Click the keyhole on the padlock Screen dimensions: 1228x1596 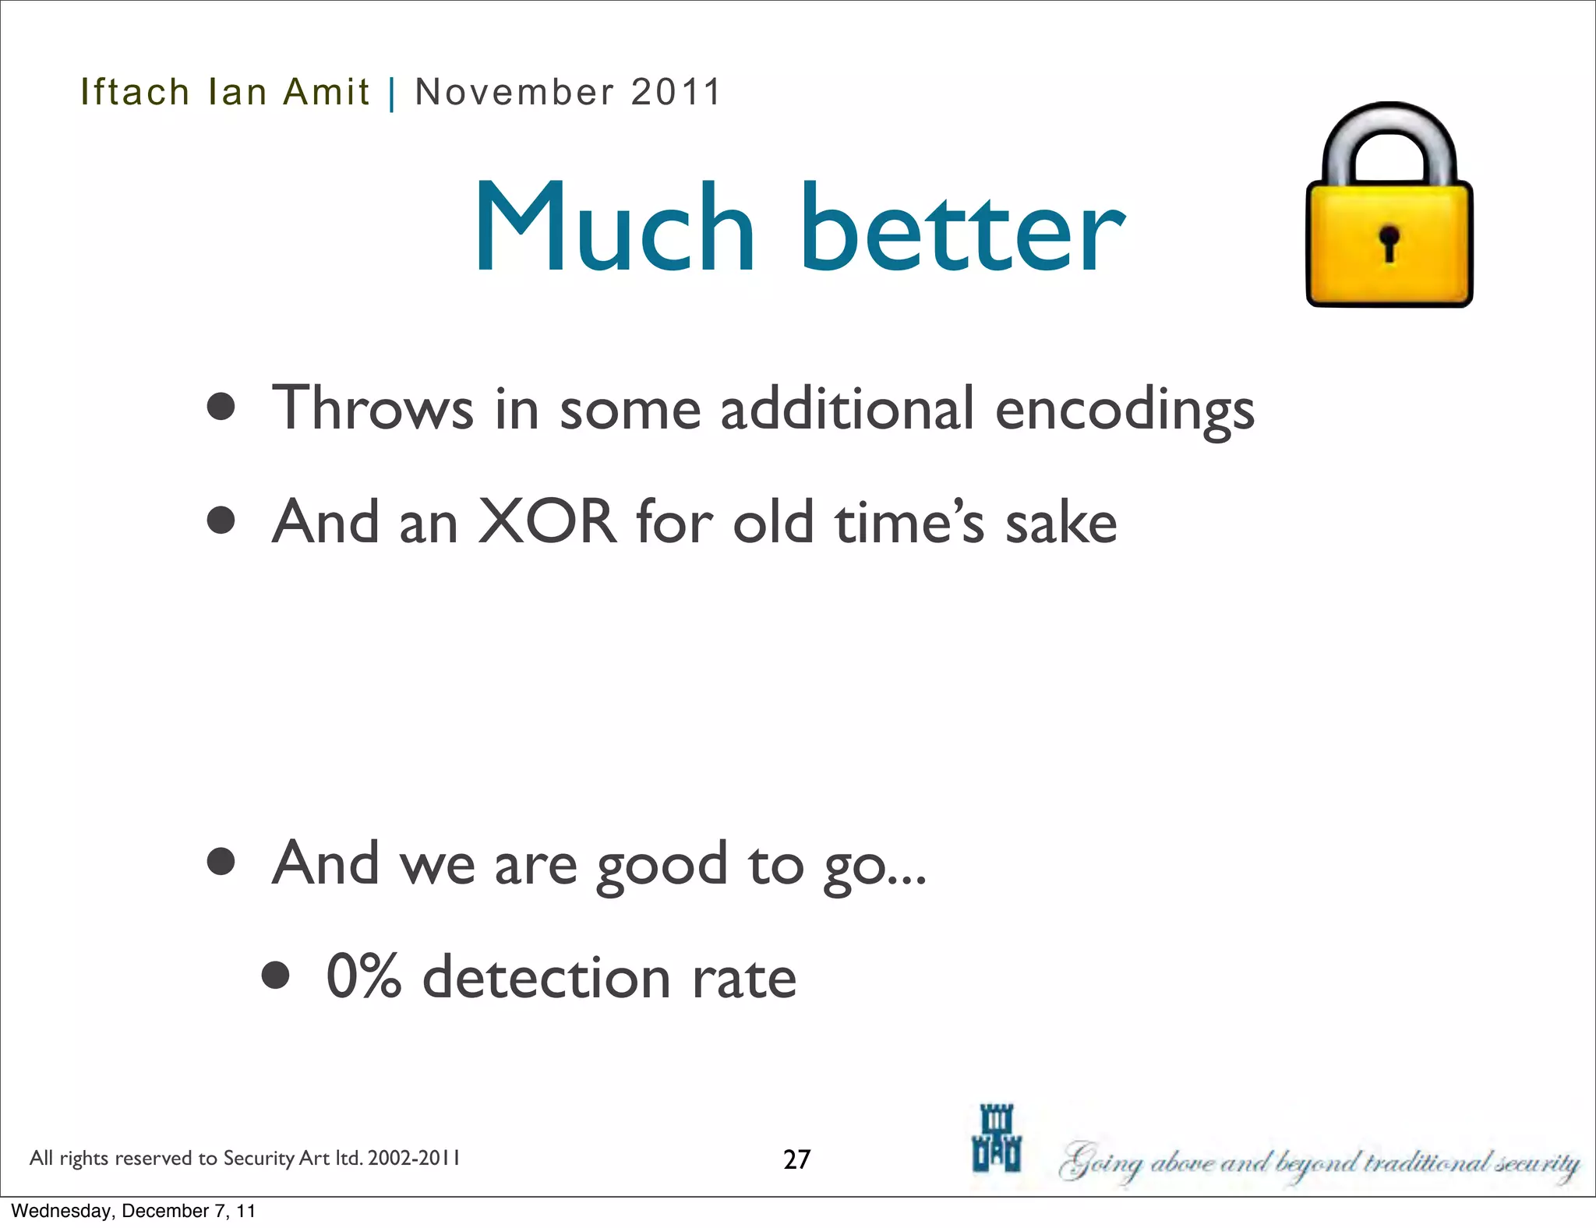(1389, 242)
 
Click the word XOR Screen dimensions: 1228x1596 (547, 522)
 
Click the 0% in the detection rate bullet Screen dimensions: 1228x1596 (363, 977)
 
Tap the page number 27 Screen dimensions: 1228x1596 (796, 1159)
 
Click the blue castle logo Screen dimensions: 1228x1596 (996, 1138)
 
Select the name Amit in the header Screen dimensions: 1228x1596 (326, 93)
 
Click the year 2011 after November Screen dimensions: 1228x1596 (676, 93)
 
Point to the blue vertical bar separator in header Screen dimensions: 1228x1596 (392, 94)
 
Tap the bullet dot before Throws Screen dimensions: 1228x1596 (221, 407)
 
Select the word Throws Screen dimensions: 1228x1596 (372, 408)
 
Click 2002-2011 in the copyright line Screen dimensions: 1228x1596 (414, 1158)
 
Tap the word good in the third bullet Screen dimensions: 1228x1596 (662, 866)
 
